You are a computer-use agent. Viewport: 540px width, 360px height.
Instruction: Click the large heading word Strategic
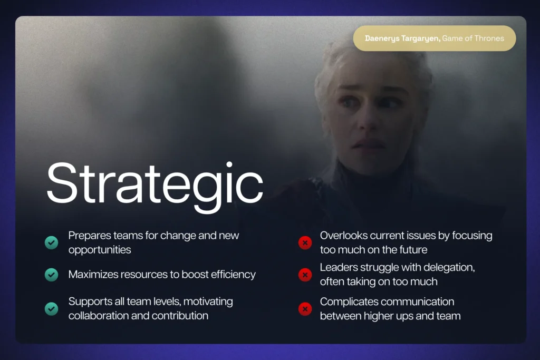(x=155, y=184)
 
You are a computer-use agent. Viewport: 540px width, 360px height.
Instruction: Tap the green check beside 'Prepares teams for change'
(x=51, y=242)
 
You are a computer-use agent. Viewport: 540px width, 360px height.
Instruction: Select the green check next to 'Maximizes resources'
(x=51, y=275)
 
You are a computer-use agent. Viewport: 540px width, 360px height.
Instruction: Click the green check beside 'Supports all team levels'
(x=51, y=309)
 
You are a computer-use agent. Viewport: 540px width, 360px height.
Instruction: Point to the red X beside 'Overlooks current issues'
(x=305, y=242)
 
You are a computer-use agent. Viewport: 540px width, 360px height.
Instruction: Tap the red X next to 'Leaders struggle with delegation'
(x=305, y=275)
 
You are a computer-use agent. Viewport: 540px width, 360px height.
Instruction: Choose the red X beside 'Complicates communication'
(x=305, y=309)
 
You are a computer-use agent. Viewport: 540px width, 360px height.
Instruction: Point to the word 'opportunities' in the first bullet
(x=100, y=249)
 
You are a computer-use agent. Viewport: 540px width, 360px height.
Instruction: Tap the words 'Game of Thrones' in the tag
(x=473, y=38)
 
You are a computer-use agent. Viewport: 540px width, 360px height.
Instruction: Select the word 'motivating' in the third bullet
(x=207, y=302)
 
